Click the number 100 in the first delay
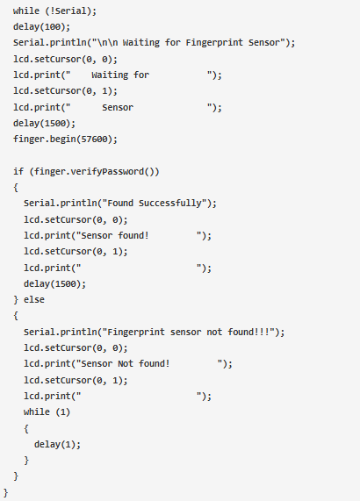point(52,27)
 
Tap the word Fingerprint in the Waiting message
point(214,43)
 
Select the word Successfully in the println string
point(170,204)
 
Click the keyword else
point(34,300)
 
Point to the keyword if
point(18,172)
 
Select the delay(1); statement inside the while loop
point(58,444)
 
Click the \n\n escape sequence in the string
point(107,42)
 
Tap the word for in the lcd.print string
point(141,75)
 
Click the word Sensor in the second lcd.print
point(118,107)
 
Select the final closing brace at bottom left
point(5,492)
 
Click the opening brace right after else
point(16,316)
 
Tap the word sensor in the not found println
point(186,333)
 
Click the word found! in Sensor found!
point(133,235)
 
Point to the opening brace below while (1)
point(26,428)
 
